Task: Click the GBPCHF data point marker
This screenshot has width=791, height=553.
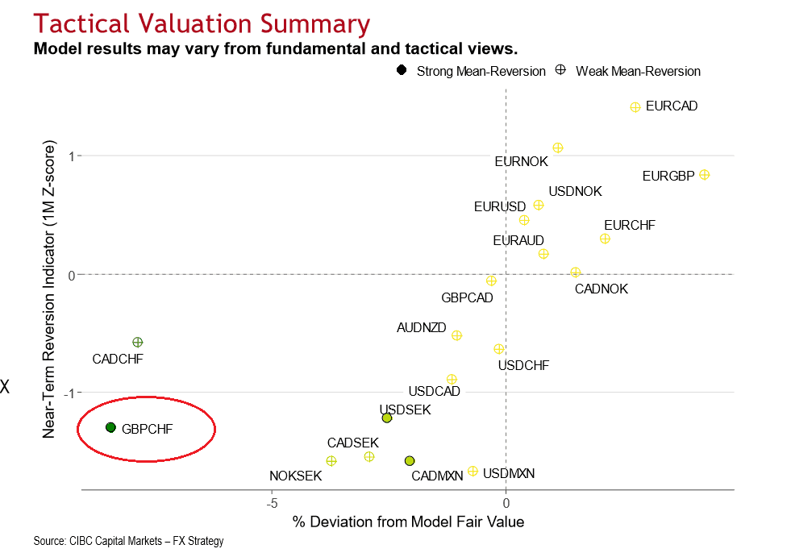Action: (x=110, y=427)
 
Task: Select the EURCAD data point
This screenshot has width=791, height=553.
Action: (x=635, y=106)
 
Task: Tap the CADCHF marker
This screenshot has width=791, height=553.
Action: (x=137, y=343)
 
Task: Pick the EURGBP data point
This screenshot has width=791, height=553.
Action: (x=704, y=174)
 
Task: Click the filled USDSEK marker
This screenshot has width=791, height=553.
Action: (x=387, y=418)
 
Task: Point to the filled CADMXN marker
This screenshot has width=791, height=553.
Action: (x=410, y=460)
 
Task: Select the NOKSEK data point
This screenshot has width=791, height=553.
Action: (x=331, y=460)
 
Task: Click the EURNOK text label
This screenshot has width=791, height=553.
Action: (x=521, y=161)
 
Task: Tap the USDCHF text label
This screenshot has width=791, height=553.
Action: (x=523, y=365)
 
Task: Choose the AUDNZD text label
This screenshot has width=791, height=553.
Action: (x=421, y=328)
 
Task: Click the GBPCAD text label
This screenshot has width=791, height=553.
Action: (x=467, y=297)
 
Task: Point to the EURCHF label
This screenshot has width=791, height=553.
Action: (x=629, y=225)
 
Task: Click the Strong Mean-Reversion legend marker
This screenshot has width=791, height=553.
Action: (x=402, y=70)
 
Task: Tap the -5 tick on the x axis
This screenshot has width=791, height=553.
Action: (x=273, y=504)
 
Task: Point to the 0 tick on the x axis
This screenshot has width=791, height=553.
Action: (x=506, y=504)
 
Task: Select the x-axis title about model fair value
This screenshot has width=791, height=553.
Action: (x=408, y=522)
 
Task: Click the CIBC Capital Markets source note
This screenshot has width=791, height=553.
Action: (x=128, y=541)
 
